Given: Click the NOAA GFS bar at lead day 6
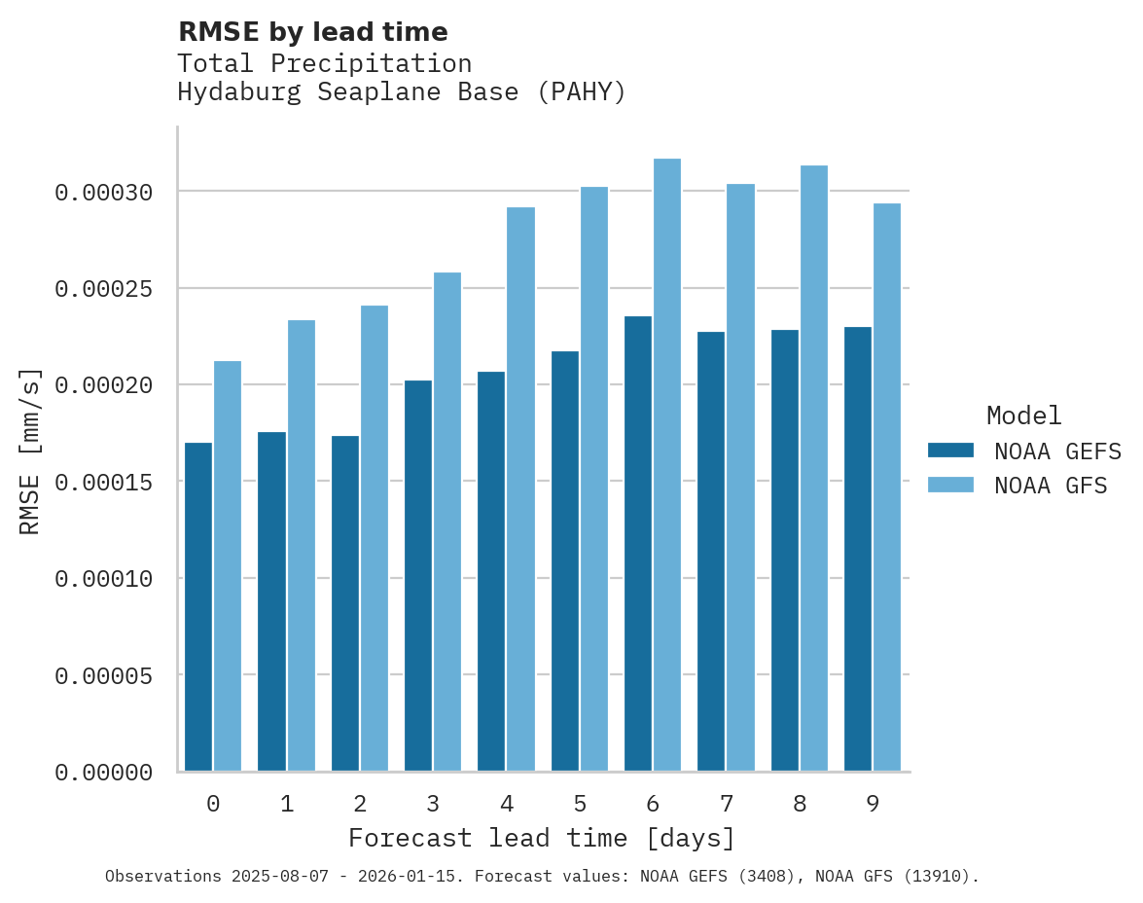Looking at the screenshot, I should [x=666, y=465].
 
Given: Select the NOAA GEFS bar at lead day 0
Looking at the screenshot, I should [x=198, y=607].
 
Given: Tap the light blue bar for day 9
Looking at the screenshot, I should [x=886, y=487].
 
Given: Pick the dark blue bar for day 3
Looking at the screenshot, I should [x=418, y=576].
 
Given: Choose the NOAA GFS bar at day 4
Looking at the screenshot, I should [x=520, y=489].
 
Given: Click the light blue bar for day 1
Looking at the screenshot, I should [x=301, y=546].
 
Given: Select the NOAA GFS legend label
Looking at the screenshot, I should [x=1051, y=486].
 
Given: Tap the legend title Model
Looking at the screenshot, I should [x=1023, y=415].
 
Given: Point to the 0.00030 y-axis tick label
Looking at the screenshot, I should [x=103, y=193].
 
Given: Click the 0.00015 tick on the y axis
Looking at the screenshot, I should [x=103, y=483].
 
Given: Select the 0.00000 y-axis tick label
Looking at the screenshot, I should [x=103, y=773].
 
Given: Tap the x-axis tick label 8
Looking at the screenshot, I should [x=799, y=805].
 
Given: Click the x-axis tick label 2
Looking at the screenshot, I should [x=360, y=805].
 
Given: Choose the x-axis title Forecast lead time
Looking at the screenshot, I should [x=542, y=838].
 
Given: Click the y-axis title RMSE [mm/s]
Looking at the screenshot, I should [x=30, y=451].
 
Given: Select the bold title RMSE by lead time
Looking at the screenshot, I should [x=312, y=32].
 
